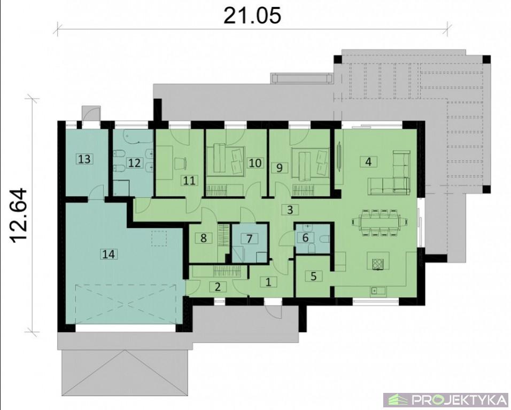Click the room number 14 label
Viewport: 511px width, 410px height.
[109, 254]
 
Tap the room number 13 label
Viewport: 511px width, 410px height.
[84, 159]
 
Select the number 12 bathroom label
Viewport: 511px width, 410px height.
[134, 162]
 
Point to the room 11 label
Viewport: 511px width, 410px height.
[189, 180]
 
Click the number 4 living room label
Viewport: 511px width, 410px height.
[368, 161]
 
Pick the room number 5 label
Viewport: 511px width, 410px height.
[314, 276]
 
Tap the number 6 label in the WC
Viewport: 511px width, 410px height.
[305, 238]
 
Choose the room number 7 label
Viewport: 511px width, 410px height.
[249, 239]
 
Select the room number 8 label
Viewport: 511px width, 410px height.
[203, 238]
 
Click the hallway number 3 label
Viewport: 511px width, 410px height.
[290, 210]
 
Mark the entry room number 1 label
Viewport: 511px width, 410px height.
[268, 282]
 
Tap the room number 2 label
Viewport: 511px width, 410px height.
[218, 287]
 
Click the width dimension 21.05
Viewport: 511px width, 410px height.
[252, 15]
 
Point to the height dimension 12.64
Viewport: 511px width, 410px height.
[18, 215]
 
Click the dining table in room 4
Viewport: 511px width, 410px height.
[380, 222]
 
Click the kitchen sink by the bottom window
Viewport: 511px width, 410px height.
[378, 290]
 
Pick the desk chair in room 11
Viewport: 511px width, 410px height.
[180, 163]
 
